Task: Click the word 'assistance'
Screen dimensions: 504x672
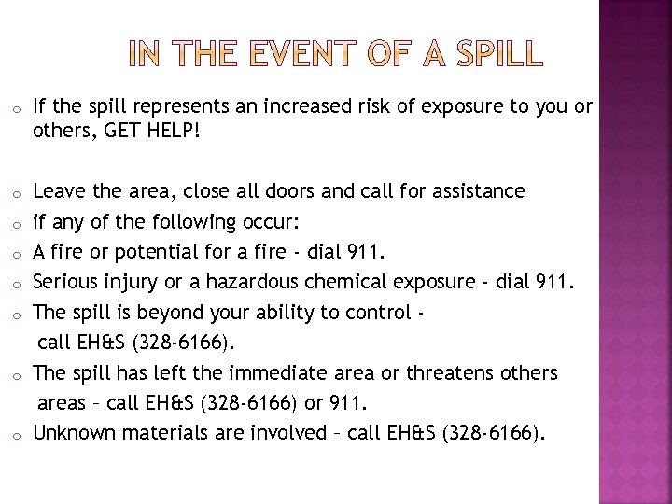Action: point(470,191)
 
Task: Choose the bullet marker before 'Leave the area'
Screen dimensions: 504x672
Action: point(17,193)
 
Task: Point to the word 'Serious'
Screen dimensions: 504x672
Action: point(66,282)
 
